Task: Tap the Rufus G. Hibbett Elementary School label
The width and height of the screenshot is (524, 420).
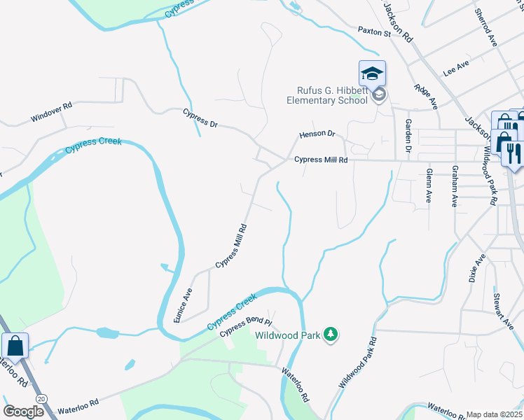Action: coord(327,94)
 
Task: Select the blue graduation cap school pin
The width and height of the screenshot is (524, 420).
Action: coord(372,73)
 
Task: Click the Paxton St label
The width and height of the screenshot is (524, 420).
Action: coord(373,32)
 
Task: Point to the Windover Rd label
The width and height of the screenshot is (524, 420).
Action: coord(51,113)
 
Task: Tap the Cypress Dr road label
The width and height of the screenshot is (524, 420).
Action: coord(200,118)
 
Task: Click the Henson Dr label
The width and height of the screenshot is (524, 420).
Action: coord(317,134)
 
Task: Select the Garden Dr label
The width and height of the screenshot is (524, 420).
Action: coord(407,135)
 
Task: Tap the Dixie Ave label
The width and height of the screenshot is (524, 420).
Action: coord(476,268)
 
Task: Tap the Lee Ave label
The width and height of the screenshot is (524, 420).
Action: coord(455,68)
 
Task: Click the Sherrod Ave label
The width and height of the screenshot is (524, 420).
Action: coord(485,27)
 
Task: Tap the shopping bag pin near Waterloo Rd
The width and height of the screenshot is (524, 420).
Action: coord(15,346)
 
